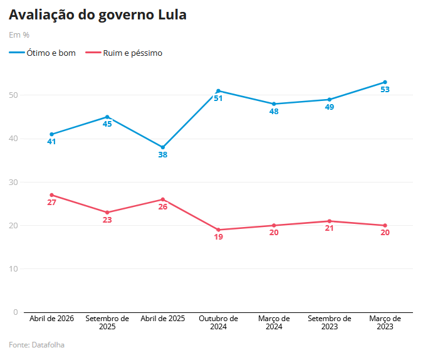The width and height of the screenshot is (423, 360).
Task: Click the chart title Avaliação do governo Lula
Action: tap(97, 15)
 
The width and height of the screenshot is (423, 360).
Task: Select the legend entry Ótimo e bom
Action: tap(43, 53)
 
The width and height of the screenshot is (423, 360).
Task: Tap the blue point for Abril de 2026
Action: tap(51, 134)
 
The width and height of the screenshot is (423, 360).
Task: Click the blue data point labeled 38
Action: tap(163, 147)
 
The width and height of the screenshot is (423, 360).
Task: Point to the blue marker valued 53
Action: tap(385, 82)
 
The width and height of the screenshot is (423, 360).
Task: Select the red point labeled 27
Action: tap(51, 195)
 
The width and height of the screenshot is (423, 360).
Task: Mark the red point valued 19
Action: tap(218, 230)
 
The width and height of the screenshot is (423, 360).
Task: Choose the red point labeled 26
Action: tap(163, 199)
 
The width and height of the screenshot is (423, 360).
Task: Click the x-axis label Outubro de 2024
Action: tap(218, 322)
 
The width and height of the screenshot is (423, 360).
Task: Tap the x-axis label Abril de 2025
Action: tap(163, 319)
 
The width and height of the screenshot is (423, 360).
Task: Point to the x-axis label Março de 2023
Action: tap(385, 322)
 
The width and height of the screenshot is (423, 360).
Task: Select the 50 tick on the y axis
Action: tap(14, 95)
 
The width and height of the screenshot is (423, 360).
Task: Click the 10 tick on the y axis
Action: tap(14, 269)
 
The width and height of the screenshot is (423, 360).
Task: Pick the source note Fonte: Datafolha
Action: tap(36, 345)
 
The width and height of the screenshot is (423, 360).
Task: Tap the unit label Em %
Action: tap(19, 35)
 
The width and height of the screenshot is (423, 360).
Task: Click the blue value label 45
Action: tap(107, 124)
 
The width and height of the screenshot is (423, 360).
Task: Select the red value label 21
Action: tap(329, 228)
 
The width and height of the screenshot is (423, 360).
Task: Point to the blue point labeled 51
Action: tap(218, 91)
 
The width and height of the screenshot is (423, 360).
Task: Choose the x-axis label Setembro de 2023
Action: tap(329, 322)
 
